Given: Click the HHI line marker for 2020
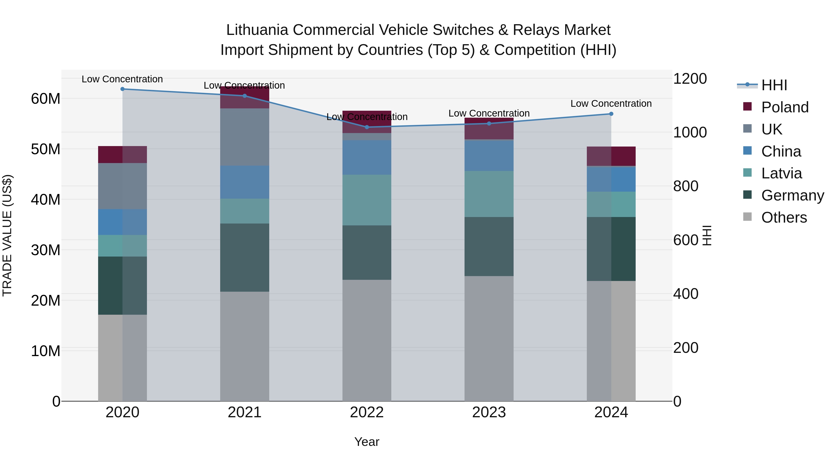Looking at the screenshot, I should point(123,89).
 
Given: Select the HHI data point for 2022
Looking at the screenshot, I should point(367,127).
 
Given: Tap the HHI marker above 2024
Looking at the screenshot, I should point(611,114).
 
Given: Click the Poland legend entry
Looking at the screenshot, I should point(785,107).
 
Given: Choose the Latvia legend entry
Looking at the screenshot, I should point(781,173).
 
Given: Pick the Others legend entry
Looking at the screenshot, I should point(784,217).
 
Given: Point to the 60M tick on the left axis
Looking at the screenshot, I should point(46,98).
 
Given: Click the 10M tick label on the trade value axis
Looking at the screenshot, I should point(46,351).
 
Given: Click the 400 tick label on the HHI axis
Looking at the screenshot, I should point(686,294).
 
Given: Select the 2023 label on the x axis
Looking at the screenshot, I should point(489,412).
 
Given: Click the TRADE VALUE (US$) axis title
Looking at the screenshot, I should point(7,235).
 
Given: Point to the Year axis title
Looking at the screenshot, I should point(367,442).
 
